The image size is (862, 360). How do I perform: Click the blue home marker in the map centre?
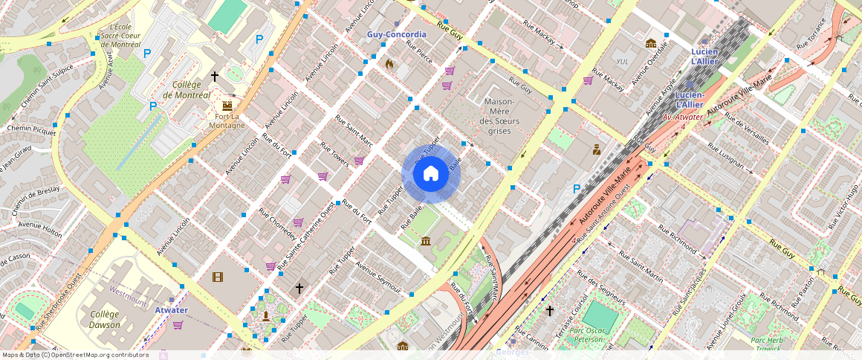click(431, 174)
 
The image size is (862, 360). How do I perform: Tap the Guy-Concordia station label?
click(397, 34)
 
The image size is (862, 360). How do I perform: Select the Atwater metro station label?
click(171, 310)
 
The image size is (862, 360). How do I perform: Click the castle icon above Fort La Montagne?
click(227, 106)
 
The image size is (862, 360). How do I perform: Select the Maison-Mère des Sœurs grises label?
click(499, 115)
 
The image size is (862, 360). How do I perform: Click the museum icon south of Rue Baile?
click(426, 241)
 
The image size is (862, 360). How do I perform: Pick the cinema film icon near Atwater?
click(217, 277)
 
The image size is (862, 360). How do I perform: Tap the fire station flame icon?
click(389, 64)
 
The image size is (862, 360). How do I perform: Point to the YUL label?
click(623, 61)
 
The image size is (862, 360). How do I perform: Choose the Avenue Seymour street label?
click(377, 276)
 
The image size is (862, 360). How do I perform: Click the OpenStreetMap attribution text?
click(74, 355)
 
